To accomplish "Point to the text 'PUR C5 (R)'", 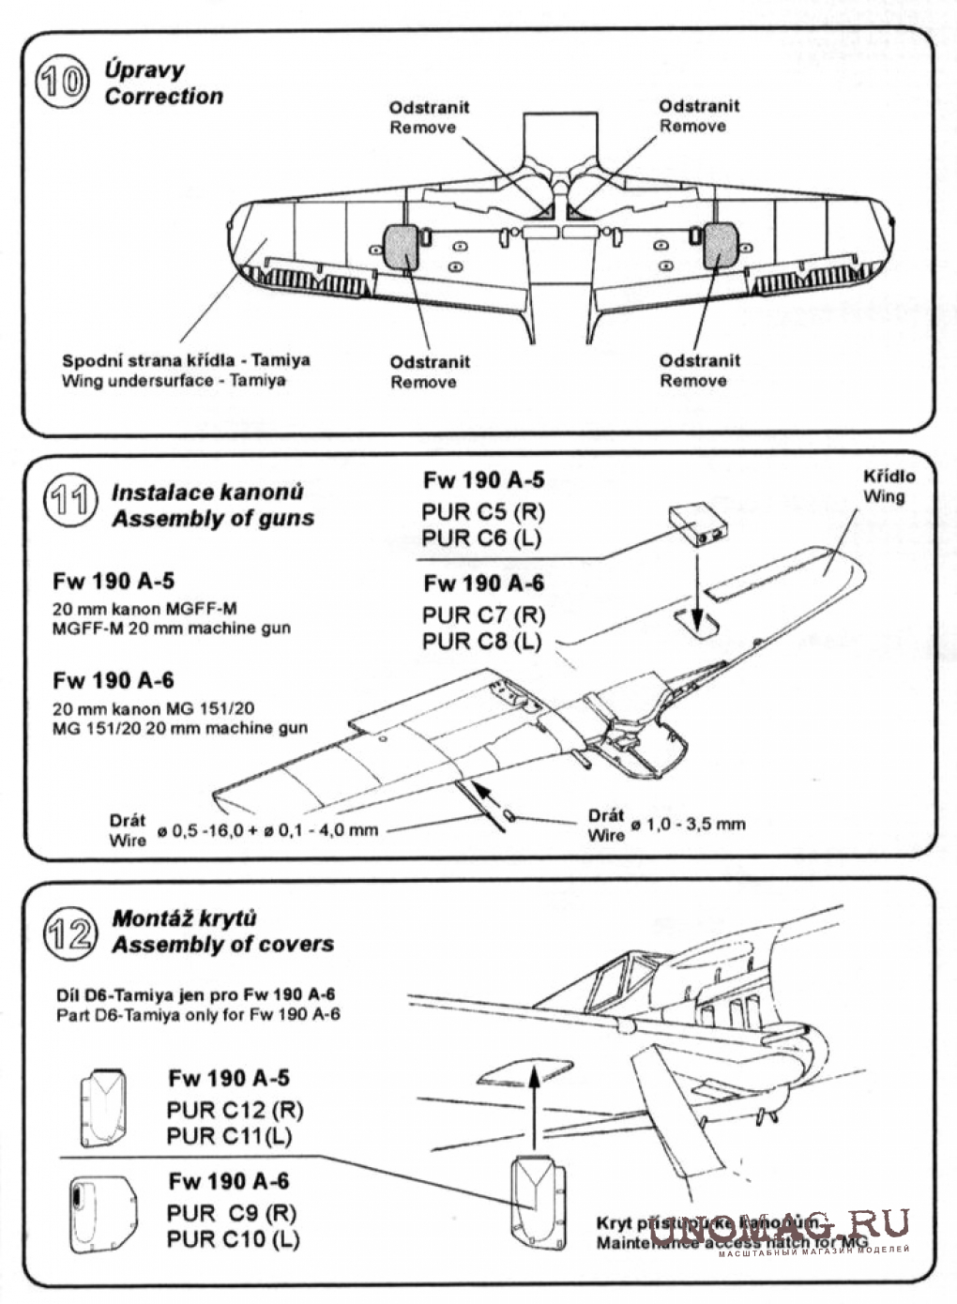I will point(482,512).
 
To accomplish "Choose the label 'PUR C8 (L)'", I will point(482,642).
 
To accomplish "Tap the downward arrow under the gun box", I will point(695,586).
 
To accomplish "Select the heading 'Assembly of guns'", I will point(213,518).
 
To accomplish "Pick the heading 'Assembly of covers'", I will point(222,944).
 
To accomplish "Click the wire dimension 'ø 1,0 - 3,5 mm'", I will point(688,824).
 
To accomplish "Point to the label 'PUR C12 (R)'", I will point(235,1110).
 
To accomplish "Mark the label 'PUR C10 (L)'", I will point(233,1238).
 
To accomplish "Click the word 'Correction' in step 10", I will point(163,96).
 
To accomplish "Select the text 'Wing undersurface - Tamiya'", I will point(174,381).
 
